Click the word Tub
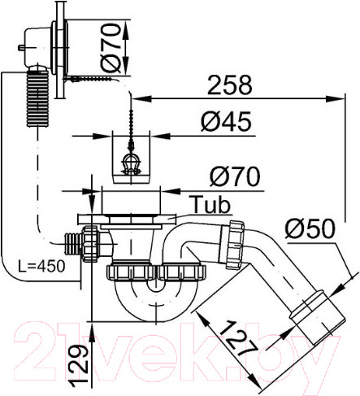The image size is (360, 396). click(210, 203)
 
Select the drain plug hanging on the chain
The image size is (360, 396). click(130, 166)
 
